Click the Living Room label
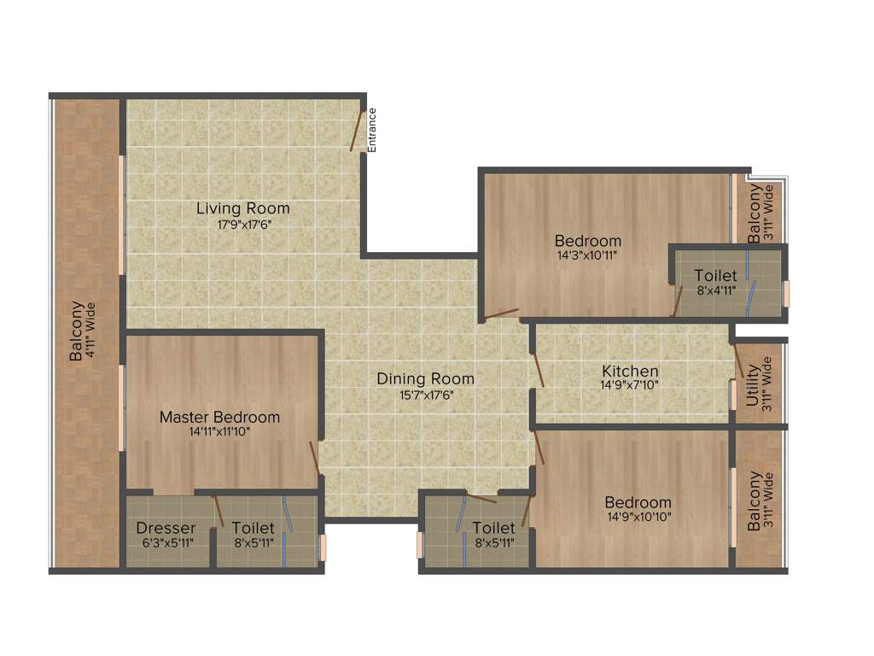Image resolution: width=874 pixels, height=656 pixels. tap(243, 208)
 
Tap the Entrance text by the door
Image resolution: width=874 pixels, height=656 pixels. tap(372, 130)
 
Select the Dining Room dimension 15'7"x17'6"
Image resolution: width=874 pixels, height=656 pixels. tap(426, 395)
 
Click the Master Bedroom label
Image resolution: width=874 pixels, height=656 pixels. tap(220, 417)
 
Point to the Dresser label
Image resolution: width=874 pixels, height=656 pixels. tap(166, 528)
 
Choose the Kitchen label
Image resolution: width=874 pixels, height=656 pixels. tap(630, 371)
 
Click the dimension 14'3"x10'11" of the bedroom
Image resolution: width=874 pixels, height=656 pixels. tap(587, 255)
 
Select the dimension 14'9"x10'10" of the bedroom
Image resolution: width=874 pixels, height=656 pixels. tap(638, 517)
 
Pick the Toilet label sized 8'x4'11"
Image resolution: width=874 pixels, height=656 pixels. tap(715, 276)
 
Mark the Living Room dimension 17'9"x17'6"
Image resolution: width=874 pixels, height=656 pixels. tap(243, 224)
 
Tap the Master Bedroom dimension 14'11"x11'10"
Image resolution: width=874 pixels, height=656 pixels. tap(220, 431)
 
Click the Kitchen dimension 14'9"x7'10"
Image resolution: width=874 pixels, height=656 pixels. tap(630, 385)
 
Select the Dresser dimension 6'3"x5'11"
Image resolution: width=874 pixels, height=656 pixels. tap(166, 542)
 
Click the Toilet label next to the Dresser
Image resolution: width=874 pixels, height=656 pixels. tap(253, 528)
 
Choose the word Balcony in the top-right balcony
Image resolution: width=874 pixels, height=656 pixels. tap(755, 215)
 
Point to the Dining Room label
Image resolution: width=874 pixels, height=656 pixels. tap(426, 379)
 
